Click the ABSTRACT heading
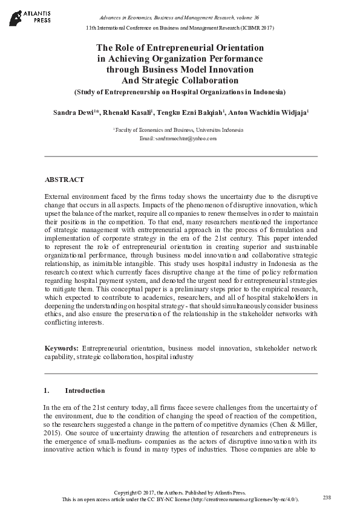(x=64, y=180)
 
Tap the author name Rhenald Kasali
(x=130, y=112)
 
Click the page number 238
(x=327, y=497)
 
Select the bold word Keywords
(x=62, y=349)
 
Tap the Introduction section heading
(x=85, y=391)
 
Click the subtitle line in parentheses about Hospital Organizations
(x=180, y=92)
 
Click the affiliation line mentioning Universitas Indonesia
(x=179, y=130)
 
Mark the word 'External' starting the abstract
(x=58, y=198)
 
